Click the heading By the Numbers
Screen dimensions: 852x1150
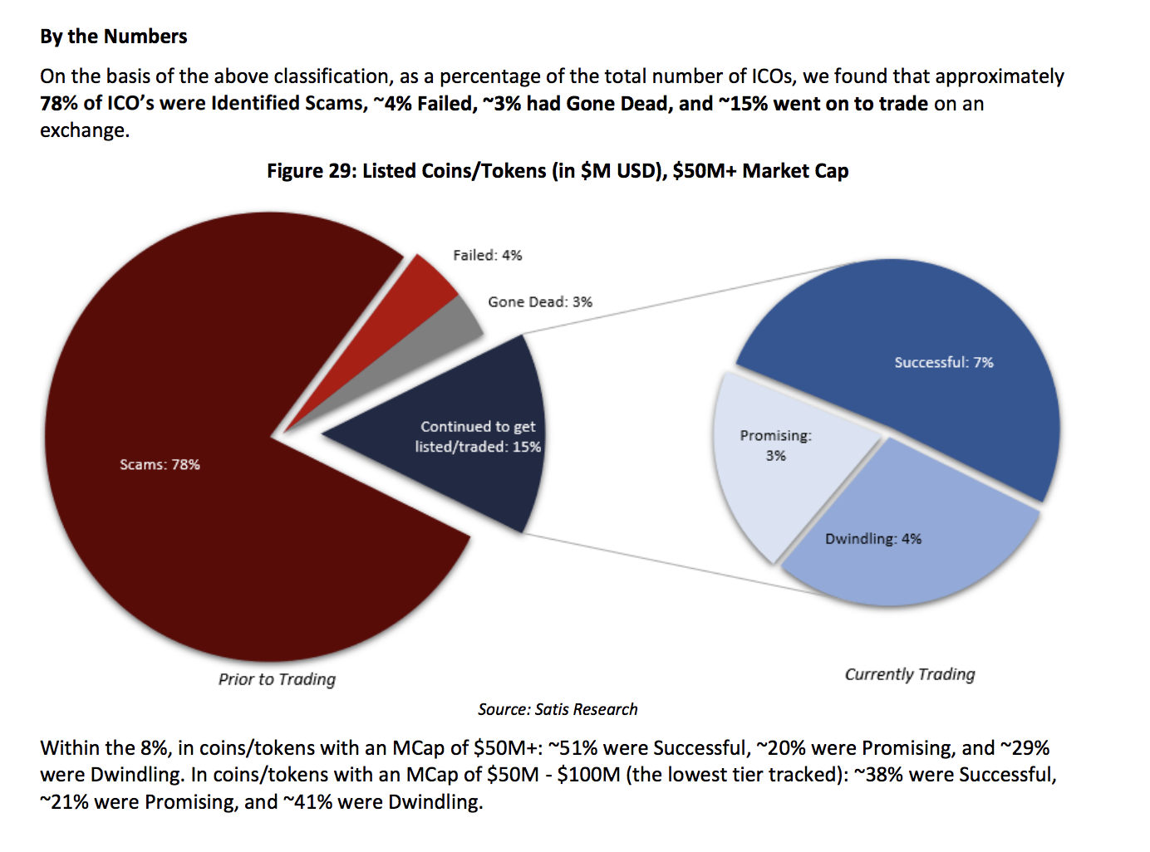pyautogui.click(x=114, y=37)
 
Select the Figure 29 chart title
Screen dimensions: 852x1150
pyautogui.click(x=558, y=171)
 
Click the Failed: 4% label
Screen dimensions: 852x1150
pyautogui.click(x=488, y=256)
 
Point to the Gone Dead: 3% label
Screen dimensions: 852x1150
pyautogui.click(x=540, y=302)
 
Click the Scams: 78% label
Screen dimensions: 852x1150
pyautogui.click(x=160, y=465)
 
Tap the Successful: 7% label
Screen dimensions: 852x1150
pyautogui.click(x=944, y=363)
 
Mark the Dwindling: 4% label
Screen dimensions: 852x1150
pyautogui.click(x=873, y=539)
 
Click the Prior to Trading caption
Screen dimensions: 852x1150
pyautogui.click(x=277, y=679)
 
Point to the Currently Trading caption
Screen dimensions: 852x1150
pyautogui.click(x=910, y=674)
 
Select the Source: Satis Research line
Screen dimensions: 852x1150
pyautogui.click(x=558, y=709)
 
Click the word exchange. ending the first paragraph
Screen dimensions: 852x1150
pyautogui.click(x=85, y=130)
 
